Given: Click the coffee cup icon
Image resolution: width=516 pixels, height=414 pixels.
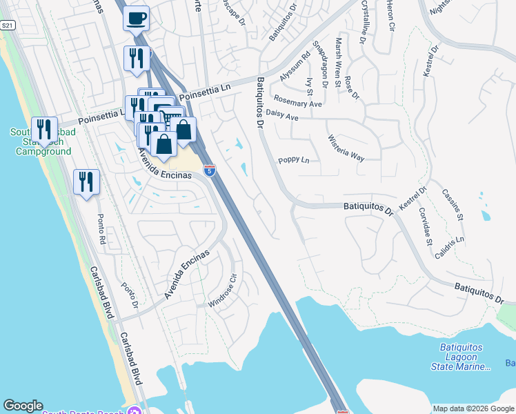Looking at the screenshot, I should point(136,17).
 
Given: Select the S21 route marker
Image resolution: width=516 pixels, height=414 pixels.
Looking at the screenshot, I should point(8,26).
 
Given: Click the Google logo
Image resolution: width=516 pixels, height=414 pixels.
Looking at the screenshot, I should point(23,406).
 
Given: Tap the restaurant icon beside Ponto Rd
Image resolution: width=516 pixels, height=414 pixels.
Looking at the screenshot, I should point(87,183).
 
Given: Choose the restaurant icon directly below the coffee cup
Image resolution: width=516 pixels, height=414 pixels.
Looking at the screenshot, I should point(136,59).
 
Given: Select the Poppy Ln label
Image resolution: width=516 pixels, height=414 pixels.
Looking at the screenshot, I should point(294,160).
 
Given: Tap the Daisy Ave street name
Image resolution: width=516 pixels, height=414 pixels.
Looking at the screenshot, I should point(281,115).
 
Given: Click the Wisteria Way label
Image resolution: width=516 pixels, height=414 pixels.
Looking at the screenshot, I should point(346,147).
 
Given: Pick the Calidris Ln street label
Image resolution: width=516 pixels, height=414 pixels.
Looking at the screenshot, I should point(450,246).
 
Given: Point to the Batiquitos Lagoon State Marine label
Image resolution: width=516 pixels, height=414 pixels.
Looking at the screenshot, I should point(462,357).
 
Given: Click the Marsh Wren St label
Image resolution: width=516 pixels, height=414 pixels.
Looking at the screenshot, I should point(338,62).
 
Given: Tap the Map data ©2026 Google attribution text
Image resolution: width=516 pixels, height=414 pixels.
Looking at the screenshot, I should point(473,408).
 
